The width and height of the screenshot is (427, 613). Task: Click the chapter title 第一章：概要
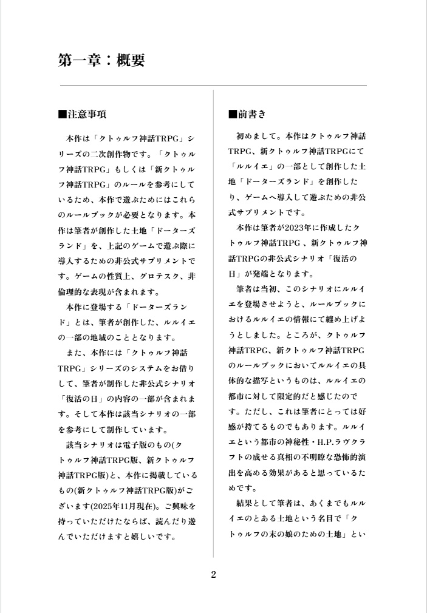point(101,60)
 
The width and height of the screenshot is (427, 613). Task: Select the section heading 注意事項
point(87,114)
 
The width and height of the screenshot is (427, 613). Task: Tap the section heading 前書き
point(252,114)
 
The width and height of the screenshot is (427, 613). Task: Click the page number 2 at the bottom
point(213,575)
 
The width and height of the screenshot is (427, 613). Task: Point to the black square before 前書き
point(232,114)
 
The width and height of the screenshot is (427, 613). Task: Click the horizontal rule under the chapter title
point(213,86)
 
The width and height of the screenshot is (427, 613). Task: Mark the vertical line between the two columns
point(213,322)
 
